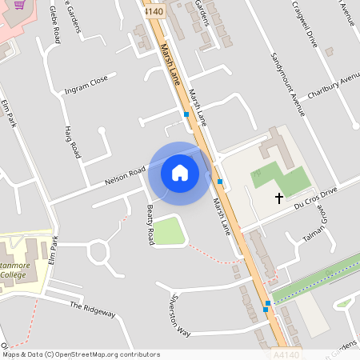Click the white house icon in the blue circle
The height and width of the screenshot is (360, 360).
click(180, 173)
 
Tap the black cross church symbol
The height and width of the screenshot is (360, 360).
click(279, 197)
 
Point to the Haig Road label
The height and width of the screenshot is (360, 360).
click(73, 141)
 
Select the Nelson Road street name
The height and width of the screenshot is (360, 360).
click(125, 177)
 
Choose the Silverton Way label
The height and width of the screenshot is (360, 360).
click(179, 316)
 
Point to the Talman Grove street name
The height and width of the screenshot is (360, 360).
click(313, 232)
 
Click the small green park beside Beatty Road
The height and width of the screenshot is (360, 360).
click(169, 231)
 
